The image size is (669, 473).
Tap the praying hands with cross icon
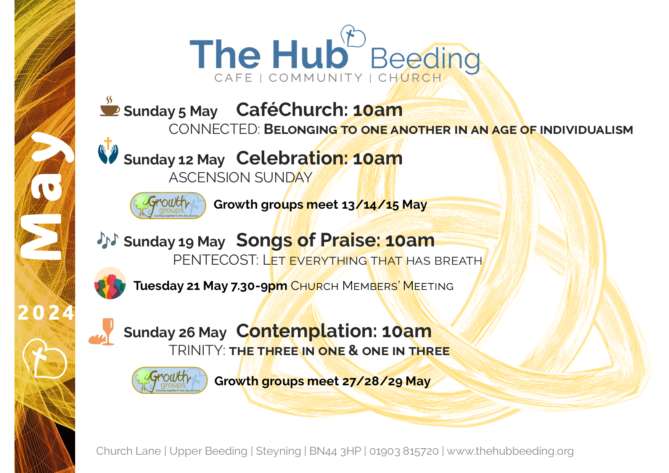tap(108, 151)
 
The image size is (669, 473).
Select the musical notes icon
tap(108, 240)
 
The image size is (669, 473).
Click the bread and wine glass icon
tap(102, 332)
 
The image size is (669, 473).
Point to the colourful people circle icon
tap(110, 283)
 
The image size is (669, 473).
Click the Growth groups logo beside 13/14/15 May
tap(168, 206)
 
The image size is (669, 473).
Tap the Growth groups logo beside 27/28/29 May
tap(169, 380)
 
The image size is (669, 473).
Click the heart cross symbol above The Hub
tap(353, 36)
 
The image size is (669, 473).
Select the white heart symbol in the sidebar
tap(44, 358)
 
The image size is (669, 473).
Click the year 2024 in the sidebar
tap(46, 313)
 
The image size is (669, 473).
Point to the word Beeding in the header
tap(425, 60)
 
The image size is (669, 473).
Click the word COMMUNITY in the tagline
tap(316, 78)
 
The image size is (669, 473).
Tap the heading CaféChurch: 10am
tap(319, 110)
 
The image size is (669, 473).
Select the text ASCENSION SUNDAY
tap(241, 178)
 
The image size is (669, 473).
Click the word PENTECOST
tap(216, 260)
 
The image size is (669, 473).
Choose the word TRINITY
tap(197, 351)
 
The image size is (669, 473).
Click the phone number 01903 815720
tap(404, 451)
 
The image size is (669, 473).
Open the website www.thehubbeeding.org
tap(510, 451)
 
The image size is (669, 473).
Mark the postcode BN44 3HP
tap(335, 451)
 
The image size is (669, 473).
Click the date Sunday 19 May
tap(174, 242)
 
